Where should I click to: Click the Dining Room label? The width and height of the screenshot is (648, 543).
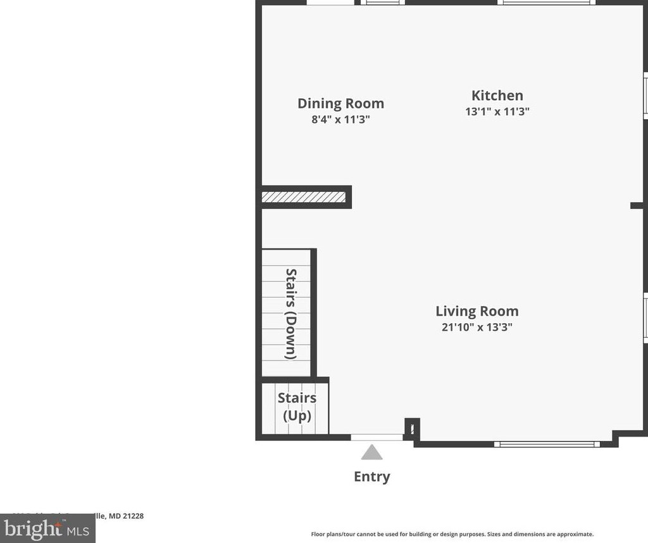tap(340, 103)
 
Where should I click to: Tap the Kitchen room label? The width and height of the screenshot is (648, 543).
tap(497, 96)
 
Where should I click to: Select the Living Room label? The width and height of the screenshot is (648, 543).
tap(477, 311)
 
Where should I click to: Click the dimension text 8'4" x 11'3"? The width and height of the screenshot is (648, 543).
tap(340, 119)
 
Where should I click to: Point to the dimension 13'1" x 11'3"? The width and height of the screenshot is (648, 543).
tap(497, 112)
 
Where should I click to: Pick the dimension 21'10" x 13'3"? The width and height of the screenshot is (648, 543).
tap(477, 328)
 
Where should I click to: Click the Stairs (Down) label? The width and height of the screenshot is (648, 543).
tap(290, 314)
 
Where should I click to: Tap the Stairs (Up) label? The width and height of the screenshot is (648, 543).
tap(297, 407)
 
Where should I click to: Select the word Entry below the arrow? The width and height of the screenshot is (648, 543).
tap(372, 476)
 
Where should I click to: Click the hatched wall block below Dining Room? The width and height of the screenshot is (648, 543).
tap(304, 197)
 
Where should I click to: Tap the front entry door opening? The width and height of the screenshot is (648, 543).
tap(377, 437)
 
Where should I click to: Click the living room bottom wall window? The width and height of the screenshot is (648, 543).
tap(547, 444)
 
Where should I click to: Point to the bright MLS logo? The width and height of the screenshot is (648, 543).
tap(47, 528)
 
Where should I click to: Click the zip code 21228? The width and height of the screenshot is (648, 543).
tap(133, 516)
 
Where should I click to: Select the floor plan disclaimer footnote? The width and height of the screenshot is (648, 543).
tap(452, 534)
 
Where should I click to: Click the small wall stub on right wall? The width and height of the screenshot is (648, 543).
tap(637, 205)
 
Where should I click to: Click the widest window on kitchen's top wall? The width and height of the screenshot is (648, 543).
tap(546, 3)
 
